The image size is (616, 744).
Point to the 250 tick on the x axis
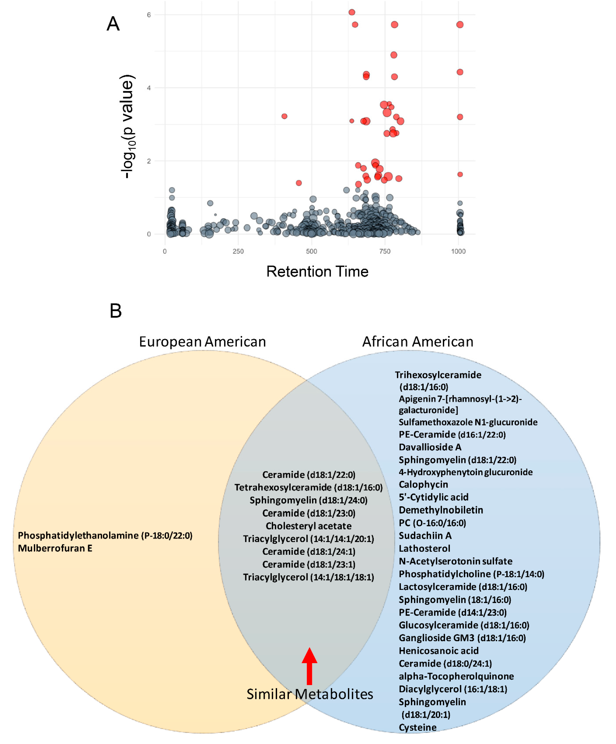(238, 251)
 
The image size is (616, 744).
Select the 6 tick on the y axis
(149, 15)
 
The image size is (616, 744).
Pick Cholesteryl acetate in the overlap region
(308, 526)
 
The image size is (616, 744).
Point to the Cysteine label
(418, 727)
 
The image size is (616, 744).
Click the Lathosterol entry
(424, 548)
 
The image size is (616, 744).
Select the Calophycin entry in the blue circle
(423, 484)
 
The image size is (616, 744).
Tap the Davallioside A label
(430, 447)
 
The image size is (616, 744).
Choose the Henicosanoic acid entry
(439, 651)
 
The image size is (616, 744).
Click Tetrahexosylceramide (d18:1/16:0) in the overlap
(308, 487)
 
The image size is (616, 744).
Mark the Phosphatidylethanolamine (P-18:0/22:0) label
(105, 535)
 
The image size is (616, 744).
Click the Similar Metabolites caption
(310, 694)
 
